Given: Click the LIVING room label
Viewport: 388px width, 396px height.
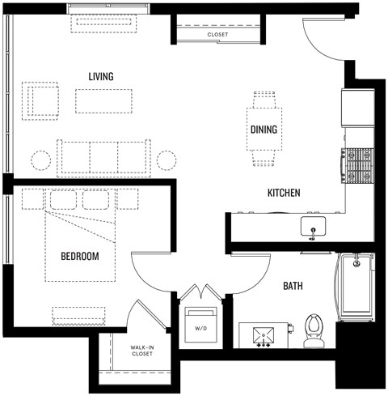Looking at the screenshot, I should (x=101, y=76).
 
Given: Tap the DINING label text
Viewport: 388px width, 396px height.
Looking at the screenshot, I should (x=264, y=130).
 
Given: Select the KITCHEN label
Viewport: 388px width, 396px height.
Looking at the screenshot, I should (x=284, y=193).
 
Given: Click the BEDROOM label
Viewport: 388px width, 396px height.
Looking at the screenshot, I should (x=80, y=256).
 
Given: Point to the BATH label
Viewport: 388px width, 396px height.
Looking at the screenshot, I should (x=293, y=286).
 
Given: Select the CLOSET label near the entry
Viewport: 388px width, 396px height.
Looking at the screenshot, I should (x=217, y=36).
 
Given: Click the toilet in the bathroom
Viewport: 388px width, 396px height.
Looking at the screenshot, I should (x=314, y=330).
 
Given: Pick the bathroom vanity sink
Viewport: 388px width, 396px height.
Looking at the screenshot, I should (x=264, y=332).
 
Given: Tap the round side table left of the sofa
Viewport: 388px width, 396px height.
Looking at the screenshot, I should (x=39, y=159).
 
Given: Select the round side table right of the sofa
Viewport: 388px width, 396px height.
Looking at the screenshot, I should (x=167, y=159).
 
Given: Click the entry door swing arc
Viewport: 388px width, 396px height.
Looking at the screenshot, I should (x=323, y=45).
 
